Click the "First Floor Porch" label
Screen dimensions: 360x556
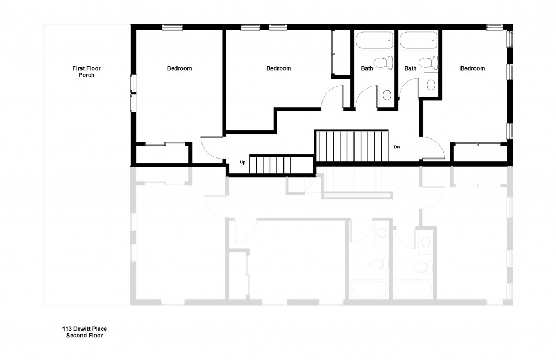[x=87, y=72]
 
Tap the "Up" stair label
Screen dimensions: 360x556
[x=243, y=162]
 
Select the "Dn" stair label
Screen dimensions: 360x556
[x=397, y=147]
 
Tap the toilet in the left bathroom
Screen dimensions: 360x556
[x=385, y=62]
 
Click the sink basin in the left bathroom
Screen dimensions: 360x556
[x=387, y=94]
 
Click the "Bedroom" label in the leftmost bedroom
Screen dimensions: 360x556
[x=179, y=68]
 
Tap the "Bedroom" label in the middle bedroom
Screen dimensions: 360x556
[x=279, y=68]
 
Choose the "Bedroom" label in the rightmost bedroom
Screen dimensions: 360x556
[x=472, y=68]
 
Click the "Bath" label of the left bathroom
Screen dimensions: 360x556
[x=367, y=68]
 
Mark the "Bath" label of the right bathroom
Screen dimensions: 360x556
[x=410, y=68]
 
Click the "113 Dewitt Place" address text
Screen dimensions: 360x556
[x=84, y=329]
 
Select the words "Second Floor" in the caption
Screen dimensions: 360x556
[x=84, y=336]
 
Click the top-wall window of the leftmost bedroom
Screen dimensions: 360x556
[x=172, y=27]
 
